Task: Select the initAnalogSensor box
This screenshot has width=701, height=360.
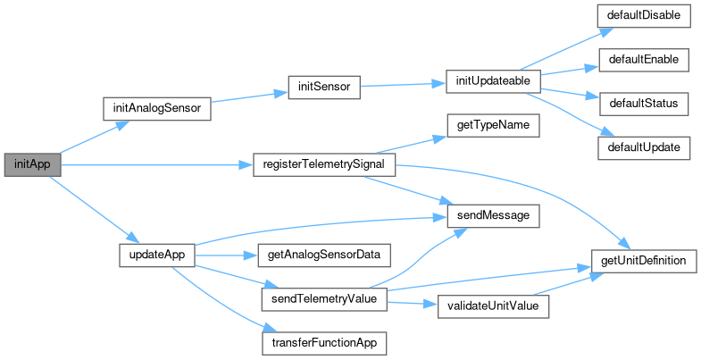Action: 156,108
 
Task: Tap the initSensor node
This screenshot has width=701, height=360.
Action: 323,87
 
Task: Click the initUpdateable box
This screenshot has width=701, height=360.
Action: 494,81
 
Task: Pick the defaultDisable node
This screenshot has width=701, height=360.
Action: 644,16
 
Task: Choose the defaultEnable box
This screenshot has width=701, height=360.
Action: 644,60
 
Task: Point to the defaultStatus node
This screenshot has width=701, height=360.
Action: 644,104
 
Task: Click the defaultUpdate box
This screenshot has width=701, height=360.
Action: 644,147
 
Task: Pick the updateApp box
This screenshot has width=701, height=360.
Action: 156,255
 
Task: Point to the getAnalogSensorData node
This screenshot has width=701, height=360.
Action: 323,255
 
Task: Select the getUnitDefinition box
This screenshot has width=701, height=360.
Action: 644,261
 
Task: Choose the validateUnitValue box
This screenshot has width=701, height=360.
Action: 494,305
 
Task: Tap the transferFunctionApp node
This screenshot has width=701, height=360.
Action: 323,342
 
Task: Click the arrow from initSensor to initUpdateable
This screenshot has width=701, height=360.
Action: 402,86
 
